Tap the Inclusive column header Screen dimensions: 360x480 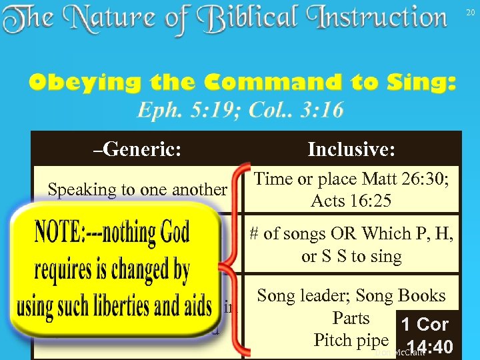351,149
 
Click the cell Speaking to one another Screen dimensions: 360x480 137,190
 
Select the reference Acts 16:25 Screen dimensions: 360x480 351,201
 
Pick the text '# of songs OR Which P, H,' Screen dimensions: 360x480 351,233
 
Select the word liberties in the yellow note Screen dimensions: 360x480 133,306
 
